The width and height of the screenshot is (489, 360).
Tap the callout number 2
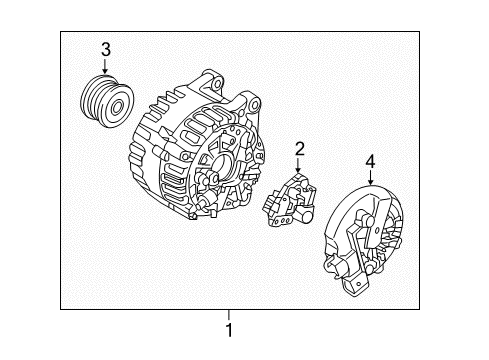[298, 150]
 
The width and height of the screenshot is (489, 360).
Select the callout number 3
[105, 50]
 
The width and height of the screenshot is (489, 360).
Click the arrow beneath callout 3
[105, 67]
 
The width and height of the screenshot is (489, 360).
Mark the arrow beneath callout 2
[298, 168]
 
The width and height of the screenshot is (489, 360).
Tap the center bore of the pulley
[119, 103]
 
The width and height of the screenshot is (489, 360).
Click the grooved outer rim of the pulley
[93, 100]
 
